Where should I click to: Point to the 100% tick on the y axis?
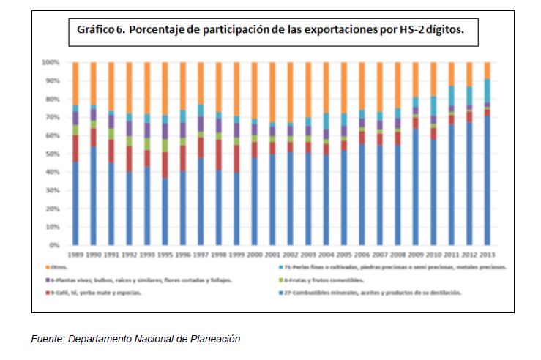coord(52,62)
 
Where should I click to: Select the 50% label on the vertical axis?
coord(53,154)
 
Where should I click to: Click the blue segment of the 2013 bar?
coord(487,183)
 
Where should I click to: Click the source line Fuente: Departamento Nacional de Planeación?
coord(135,339)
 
